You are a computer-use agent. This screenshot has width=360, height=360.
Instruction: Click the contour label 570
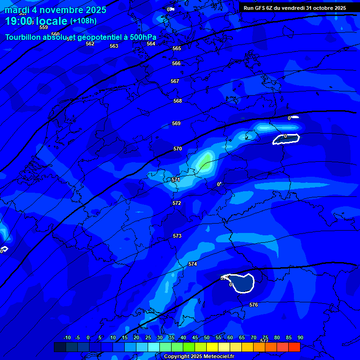coord(178,149)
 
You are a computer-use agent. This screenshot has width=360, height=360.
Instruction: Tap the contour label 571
coord(176,180)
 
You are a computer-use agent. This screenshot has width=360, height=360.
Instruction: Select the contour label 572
coord(177,203)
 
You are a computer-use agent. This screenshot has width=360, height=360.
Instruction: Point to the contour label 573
coord(177,236)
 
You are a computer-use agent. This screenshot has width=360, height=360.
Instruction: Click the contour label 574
coord(193,264)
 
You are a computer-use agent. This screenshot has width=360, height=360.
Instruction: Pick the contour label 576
coord(254,305)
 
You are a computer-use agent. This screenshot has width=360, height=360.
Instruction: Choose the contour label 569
coord(176,123)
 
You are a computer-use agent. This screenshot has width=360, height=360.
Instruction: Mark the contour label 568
coord(178,101)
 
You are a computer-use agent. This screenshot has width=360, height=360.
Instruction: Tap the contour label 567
coord(175,81)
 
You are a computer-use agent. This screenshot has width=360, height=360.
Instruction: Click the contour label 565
coord(177,48)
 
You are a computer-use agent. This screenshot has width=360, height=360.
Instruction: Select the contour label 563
coord(114,46)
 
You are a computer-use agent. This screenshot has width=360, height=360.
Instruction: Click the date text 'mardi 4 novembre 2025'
coord(56,10)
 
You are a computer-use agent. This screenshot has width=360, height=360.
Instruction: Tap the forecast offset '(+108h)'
coord(83,21)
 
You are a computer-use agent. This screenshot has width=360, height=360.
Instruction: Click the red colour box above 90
coord(294,347)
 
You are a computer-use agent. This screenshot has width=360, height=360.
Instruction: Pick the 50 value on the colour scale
coord(207,337)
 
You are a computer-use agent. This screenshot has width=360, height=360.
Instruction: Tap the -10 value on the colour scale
coord(67,337)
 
